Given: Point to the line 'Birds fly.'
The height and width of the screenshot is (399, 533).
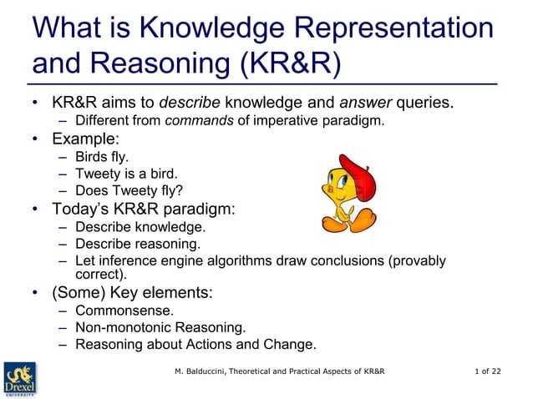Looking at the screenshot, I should pyautogui.click(x=103, y=157).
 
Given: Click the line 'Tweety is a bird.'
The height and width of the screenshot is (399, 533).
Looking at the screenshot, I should pyautogui.click(x=126, y=174).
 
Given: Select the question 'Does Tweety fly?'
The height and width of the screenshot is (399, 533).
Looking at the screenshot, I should pyautogui.click(x=129, y=191).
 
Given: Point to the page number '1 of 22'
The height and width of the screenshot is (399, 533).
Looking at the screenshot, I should pyautogui.click(x=489, y=371).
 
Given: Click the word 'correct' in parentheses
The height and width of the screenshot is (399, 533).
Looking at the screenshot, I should pyautogui.click(x=99, y=273).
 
